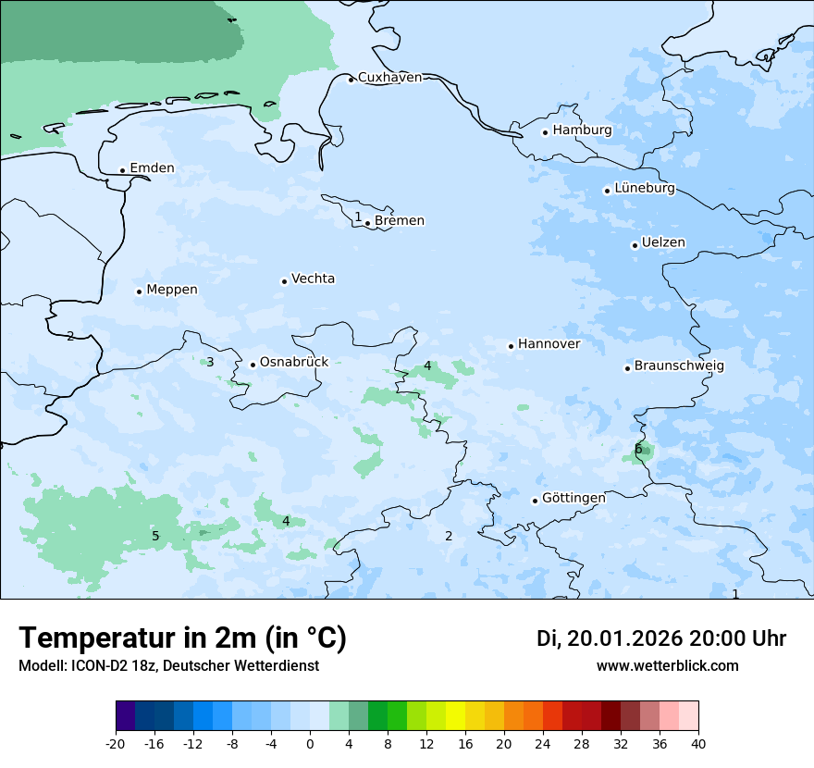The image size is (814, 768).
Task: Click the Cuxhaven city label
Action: point(389,77)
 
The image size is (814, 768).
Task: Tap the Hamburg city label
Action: point(582,130)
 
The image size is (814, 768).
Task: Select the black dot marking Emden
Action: point(122,170)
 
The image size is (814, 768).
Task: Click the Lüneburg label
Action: point(645,188)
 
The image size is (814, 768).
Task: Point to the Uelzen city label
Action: point(663,242)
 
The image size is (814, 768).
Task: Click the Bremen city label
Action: point(400,220)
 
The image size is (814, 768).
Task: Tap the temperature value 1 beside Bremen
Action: point(358,217)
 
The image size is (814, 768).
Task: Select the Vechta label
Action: point(313,279)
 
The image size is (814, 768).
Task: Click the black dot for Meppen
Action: point(139,291)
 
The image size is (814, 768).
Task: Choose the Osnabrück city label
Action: point(294,362)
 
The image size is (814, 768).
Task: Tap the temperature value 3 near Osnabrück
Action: point(210,362)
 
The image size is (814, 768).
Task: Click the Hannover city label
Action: point(549,344)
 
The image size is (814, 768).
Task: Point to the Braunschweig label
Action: point(679,365)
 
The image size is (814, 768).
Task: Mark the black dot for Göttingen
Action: point(535,501)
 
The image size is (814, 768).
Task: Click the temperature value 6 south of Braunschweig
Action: point(638,450)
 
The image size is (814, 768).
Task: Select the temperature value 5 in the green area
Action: point(155,536)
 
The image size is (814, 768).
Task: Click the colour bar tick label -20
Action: point(116,743)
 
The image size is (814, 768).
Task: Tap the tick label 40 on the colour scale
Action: point(698,743)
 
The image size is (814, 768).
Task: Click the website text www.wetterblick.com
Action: point(667,666)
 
